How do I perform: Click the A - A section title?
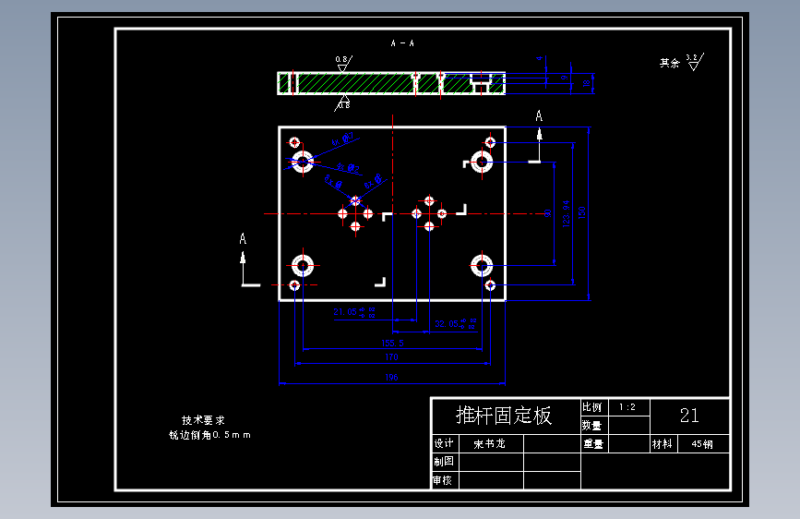click(x=402, y=43)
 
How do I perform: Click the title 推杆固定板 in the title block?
click(x=504, y=416)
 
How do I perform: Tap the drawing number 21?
click(x=689, y=416)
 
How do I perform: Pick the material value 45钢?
click(x=701, y=444)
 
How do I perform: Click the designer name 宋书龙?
click(x=489, y=444)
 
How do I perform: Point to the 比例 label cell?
click(x=591, y=406)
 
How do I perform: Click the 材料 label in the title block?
click(x=663, y=444)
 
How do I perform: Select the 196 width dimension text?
click(x=391, y=378)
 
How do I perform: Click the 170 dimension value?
click(x=391, y=356)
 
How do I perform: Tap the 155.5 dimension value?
click(x=392, y=343)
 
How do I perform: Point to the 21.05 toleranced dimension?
click(x=354, y=312)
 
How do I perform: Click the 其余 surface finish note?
click(x=669, y=64)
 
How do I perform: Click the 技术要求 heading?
click(x=202, y=419)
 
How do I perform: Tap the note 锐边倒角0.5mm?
click(x=209, y=434)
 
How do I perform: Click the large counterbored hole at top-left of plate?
click(x=303, y=163)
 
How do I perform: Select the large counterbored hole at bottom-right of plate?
click(x=481, y=266)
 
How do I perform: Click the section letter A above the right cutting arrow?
click(x=540, y=115)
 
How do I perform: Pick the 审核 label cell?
click(x=443, y=480)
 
